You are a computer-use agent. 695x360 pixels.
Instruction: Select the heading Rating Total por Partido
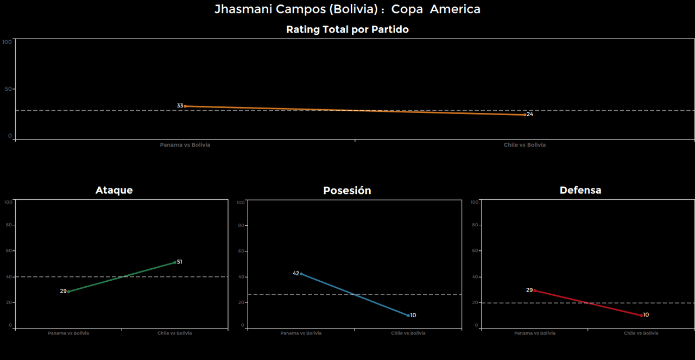pos(347,30)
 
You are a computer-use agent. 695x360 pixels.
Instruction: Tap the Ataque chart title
pos(114,190)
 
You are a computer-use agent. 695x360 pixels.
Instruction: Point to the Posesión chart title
pos(347,191)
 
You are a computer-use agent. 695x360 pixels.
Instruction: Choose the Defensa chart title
pos(580,190)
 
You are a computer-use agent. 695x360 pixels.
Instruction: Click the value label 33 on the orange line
pos(180,106)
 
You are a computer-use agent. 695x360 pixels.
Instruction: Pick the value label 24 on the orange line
pos(530,115)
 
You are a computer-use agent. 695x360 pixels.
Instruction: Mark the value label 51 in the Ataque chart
pos(180,262)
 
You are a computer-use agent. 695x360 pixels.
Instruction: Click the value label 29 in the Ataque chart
pos(63,291)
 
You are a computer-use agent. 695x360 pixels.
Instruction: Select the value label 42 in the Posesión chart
pos(296,273)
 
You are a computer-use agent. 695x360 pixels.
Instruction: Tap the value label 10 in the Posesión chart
pos(413,315)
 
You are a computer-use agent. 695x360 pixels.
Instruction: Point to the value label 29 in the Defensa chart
pos(529,290)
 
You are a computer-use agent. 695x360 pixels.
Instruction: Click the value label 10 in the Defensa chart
pos(646,315)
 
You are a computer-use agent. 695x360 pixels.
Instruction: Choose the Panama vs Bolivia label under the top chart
pos(185,145)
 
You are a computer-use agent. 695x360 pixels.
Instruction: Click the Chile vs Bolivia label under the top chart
pos(525,145)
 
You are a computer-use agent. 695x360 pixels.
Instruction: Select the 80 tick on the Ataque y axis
pos(8,225)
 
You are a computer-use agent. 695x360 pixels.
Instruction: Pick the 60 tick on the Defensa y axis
pos(474,251)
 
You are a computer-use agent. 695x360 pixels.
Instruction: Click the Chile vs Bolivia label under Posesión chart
pos(408,333)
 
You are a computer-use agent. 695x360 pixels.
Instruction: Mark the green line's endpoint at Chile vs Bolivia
pos(175,262)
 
